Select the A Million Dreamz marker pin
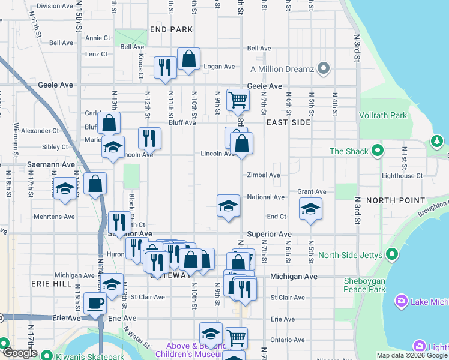pyautogui.click(x=324, y=69)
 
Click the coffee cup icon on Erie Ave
pyautogui.click(x=95, y=302)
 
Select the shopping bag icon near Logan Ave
pyautogui.click(x=188, y=59)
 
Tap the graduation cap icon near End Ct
pyautogui.click(x=310, y=209)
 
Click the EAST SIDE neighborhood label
pyautogui.click(x=288, y=122)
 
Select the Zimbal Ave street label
pyautogui.click(x=264, y=175)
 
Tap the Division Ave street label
pyautogui.click(x=55, y=6)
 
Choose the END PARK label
pyautogui.click(x=172, y=29)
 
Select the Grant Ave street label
pyautogui.click(x=312, y=192)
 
